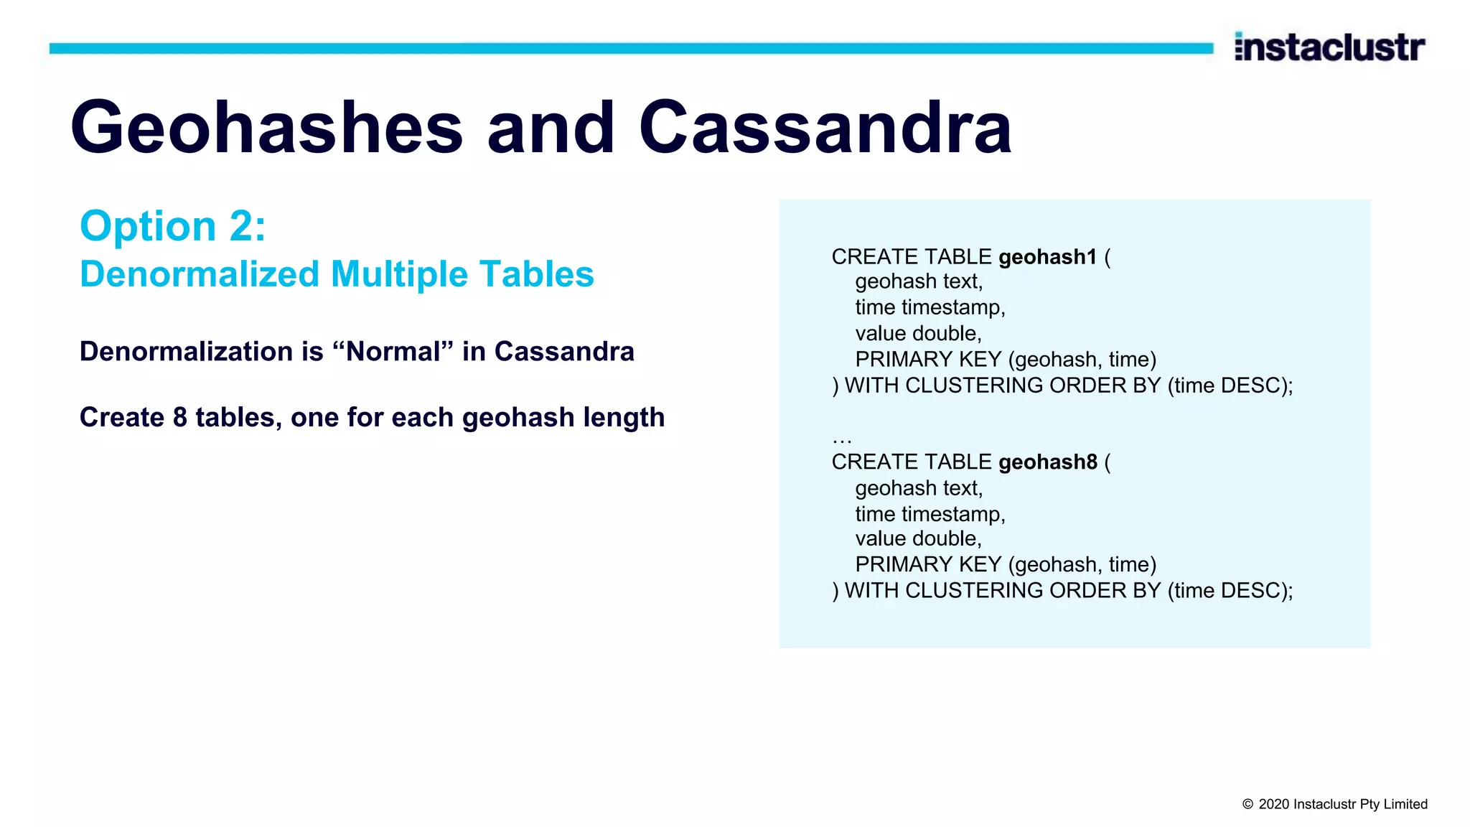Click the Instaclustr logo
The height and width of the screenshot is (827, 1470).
[1329, 47]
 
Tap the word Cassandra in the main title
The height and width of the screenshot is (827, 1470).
[825, 128]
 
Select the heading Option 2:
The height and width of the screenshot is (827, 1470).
[173, 226]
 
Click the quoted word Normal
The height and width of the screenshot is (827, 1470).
[393, 352]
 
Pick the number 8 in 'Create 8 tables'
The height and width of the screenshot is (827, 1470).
[180, 417]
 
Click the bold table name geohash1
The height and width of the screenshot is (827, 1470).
[1047, 257]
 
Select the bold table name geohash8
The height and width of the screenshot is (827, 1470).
[1047, 462]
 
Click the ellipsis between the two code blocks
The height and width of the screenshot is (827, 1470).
[841, 439]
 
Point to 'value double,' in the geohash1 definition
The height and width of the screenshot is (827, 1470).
[918, 333]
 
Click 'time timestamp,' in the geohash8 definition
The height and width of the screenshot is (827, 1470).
[930, 514]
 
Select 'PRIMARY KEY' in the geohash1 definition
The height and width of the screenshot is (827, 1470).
[928, 360]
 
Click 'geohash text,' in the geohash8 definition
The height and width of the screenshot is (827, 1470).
[919, 488]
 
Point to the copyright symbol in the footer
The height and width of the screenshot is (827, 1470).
[1247, 805]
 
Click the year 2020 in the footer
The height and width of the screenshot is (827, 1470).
[1273, 805]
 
